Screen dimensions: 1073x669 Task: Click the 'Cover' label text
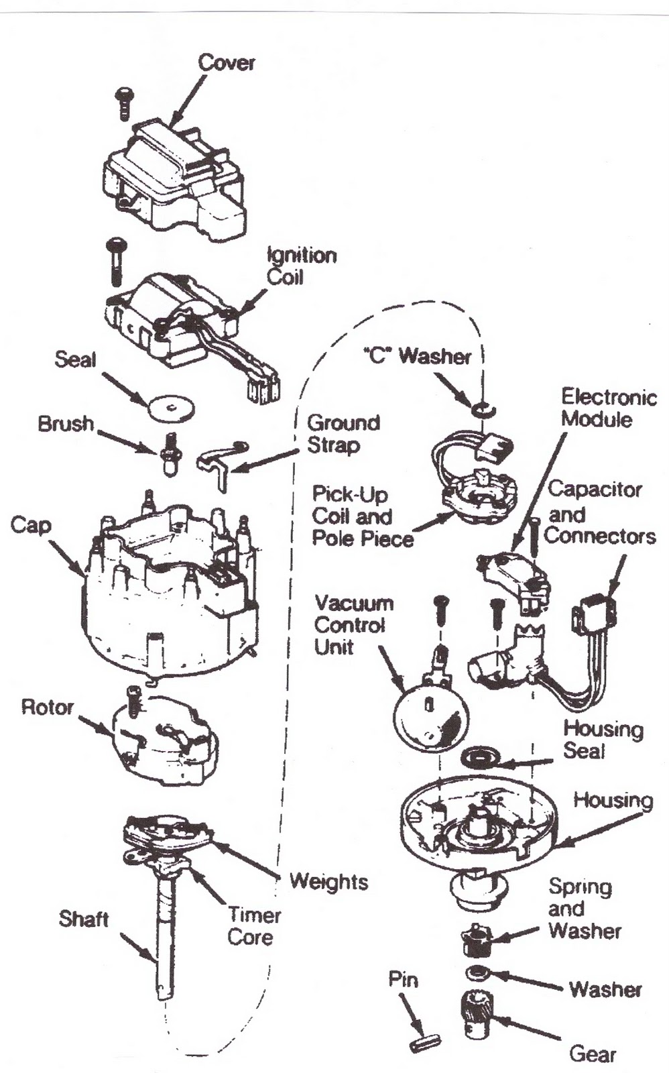click(x=226, y=63)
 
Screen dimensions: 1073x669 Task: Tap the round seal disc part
click(x=170, y=406)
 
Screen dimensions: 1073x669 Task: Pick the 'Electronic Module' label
click(x=608, y=408)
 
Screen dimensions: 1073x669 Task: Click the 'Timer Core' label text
click(x=253, y=925)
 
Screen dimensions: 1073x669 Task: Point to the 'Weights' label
click(x=328, y=881)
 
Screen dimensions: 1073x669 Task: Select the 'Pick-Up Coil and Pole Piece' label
click(x=362, y=516)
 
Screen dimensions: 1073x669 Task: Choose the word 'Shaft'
click(x=83, y=918)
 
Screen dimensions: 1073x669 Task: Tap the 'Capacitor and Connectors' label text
click(x=599, y=513)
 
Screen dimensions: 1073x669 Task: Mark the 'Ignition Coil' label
click(x=300, y=266)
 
